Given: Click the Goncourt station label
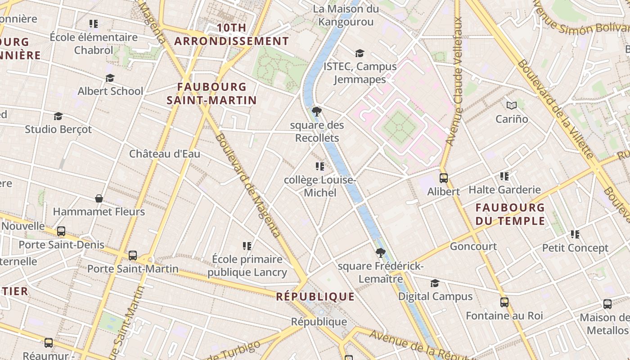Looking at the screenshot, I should (x=473, y=247).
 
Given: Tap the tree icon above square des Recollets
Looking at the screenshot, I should (x=317, y=111).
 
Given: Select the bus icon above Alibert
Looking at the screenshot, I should (x=444, y=178).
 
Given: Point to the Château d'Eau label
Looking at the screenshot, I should (x=165, y=154).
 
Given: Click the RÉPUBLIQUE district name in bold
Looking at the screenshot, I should (x=315, y=297).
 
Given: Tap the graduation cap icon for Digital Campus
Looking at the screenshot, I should (x=435, y=283).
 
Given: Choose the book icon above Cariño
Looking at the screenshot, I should (x=512, y=106).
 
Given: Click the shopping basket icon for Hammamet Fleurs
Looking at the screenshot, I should (x=99, y=198).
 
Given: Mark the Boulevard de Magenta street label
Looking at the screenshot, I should (x=248, y=184).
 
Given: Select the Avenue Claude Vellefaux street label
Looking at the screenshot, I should (x=454, y=81).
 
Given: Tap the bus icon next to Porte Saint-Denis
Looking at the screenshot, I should (x=61, y=231).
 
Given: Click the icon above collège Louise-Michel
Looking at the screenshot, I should (x=320, y=166).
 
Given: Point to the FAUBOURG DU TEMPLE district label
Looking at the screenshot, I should (x=510, y=214).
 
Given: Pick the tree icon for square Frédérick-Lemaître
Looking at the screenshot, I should (x=381, y=253).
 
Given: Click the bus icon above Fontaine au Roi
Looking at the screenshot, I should (x=504, y=302).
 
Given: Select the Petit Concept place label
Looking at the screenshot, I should (x=575, y=248).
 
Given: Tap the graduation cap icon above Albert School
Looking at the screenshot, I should (x=110, y=78).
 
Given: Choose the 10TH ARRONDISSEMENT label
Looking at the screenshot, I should (x=231, y=35).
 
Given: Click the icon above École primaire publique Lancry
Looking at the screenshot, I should (x=247, y=246).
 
